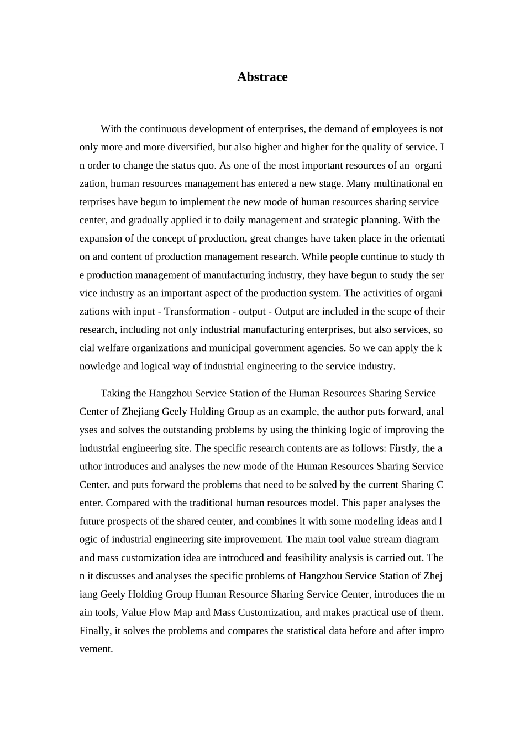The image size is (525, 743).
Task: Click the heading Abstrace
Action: [x=262, y=77]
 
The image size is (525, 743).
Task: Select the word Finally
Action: [x=96, y=630]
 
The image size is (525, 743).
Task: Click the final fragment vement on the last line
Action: [x=96, y=648]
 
